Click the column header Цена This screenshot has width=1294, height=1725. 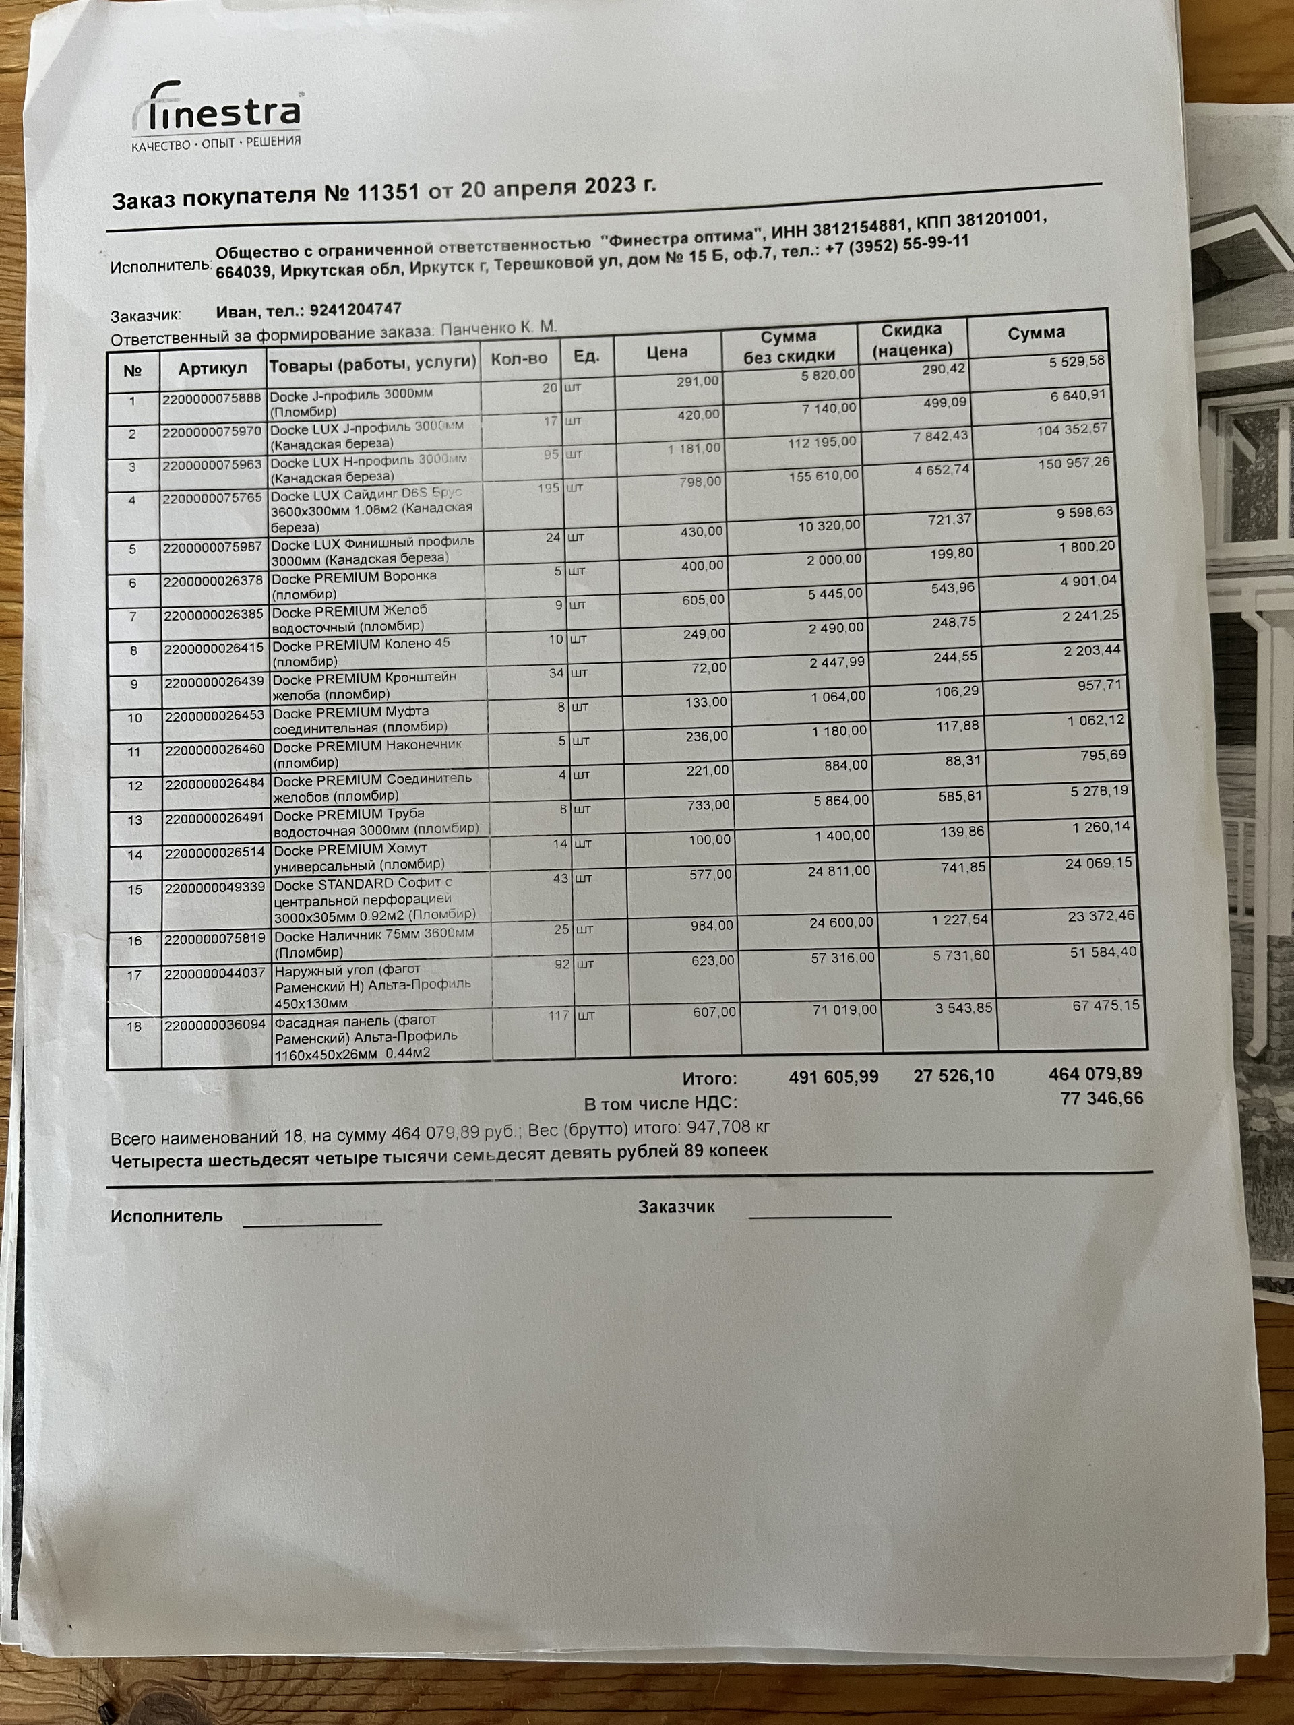coord(667,352)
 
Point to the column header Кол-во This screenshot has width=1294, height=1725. coord(519,360)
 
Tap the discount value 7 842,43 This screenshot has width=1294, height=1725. coord(940,437)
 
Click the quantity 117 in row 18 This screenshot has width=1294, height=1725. coord(559,1015)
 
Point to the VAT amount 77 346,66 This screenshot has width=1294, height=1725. coord(1101,1099)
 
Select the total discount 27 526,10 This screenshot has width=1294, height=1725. coord(953,1076)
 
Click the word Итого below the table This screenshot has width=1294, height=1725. coord(709,1079)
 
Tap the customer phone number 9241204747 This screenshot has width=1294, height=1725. coord(355,309)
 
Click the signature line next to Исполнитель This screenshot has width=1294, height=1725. coord(312,1222)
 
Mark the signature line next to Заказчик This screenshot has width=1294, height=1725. coord(819,1214)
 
